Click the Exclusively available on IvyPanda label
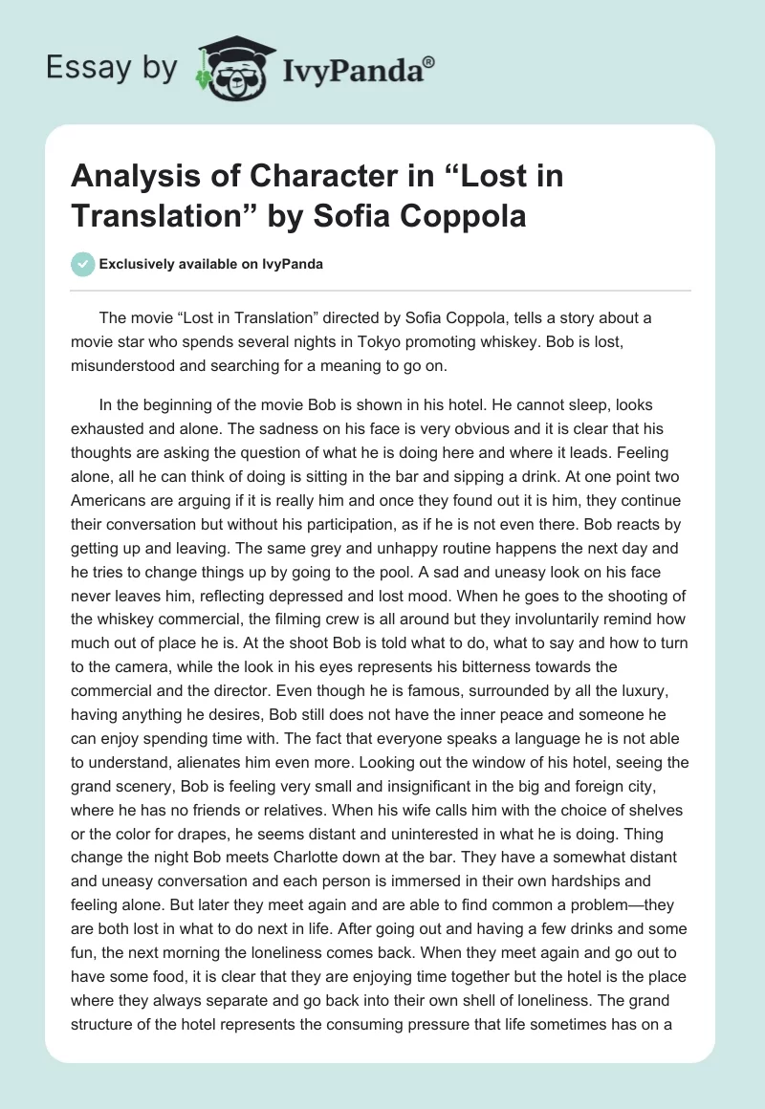click(210, 264)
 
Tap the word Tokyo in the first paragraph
click(429, 341)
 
